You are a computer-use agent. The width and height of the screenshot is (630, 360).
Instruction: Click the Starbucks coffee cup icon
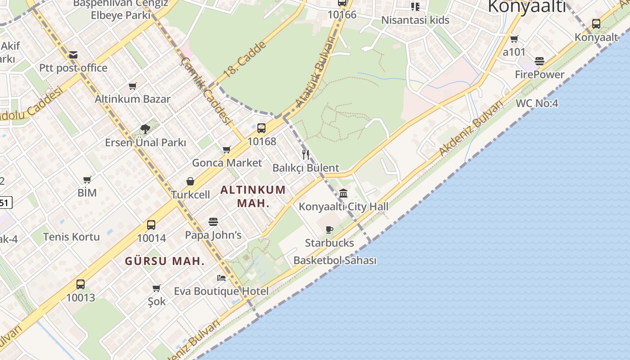coord(329,229)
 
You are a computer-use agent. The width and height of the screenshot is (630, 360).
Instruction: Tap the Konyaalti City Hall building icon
coord(343,193)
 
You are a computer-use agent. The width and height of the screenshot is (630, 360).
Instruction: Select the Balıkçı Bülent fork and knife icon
coord(306,155)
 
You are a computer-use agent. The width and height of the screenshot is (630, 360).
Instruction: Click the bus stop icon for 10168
coord(261,128)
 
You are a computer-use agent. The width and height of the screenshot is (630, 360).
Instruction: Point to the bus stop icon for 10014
coord(151,225)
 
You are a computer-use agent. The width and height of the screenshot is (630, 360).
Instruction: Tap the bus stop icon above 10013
coord(81,284)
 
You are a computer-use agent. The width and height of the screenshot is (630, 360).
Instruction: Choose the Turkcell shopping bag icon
coord(190,181)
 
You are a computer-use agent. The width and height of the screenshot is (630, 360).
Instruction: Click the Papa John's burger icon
coord(213,221)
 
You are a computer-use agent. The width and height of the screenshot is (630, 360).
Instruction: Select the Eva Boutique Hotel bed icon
coord(221,278)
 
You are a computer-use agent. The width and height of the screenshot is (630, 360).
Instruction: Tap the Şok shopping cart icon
coord(157,288)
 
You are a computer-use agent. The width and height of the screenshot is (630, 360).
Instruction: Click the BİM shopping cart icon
coord(87,179)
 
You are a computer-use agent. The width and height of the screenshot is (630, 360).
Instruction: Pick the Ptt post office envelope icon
coord(73,55)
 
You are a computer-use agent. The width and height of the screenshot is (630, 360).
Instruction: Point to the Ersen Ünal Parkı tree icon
coord(145,129)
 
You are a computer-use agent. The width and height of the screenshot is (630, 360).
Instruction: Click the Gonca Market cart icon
coord(227,149)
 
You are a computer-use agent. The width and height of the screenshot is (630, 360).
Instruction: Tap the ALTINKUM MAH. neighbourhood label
coord(253,196)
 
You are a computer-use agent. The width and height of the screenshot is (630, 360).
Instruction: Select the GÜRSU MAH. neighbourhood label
coord(165,261)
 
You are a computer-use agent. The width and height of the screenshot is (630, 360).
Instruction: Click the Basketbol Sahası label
coord(335,261)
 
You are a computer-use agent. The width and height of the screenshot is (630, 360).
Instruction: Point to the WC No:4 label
coord(537,103)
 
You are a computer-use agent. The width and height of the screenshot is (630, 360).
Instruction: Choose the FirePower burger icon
coord(540,61)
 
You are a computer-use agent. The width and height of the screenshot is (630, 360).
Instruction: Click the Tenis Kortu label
coord(71,237)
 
